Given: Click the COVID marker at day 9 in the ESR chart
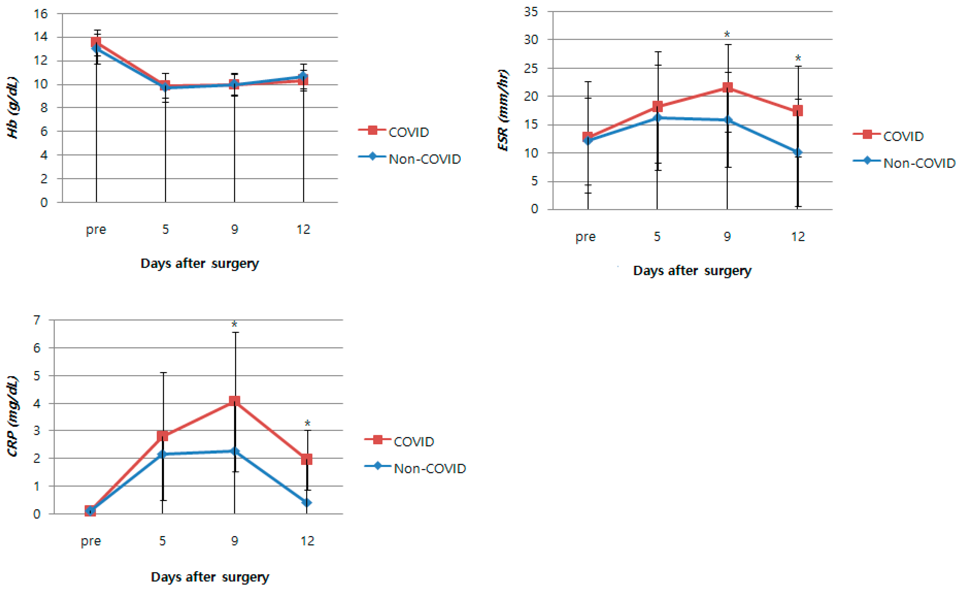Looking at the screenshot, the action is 727,87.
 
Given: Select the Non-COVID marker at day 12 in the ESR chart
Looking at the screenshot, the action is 798,152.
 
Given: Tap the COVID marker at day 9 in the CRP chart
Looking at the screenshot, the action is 234,401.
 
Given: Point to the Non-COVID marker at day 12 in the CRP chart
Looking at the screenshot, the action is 307,503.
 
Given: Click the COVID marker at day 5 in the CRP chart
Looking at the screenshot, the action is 163,436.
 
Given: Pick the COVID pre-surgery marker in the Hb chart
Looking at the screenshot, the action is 96,42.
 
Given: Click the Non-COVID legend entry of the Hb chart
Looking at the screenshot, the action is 409,159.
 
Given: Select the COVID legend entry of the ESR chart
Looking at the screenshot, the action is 888,136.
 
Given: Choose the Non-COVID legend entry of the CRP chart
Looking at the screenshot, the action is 415,468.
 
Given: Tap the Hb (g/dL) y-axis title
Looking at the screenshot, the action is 13,108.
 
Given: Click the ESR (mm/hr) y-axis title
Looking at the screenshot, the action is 503,110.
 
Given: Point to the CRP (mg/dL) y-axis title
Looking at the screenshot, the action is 13,416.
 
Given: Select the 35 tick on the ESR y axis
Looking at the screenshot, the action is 531,12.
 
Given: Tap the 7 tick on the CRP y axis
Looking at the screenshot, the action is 37,320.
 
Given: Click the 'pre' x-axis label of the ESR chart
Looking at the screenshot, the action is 585,237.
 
